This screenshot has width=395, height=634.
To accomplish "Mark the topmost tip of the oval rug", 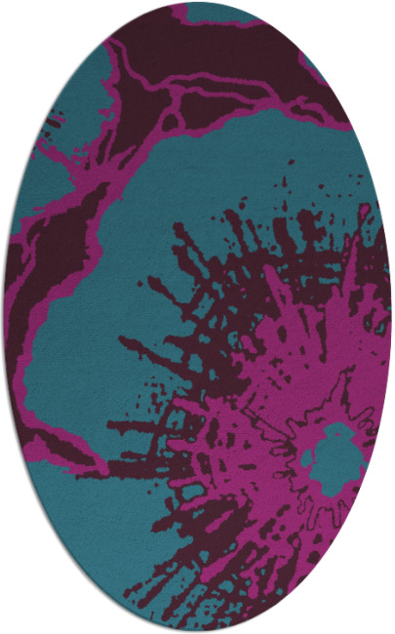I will click(197, 2).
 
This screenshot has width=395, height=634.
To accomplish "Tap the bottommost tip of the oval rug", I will click(197, 631).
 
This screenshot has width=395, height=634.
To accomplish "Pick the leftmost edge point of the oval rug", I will click(3, 317).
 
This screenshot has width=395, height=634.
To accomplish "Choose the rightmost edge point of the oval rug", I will click(391, 317).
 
